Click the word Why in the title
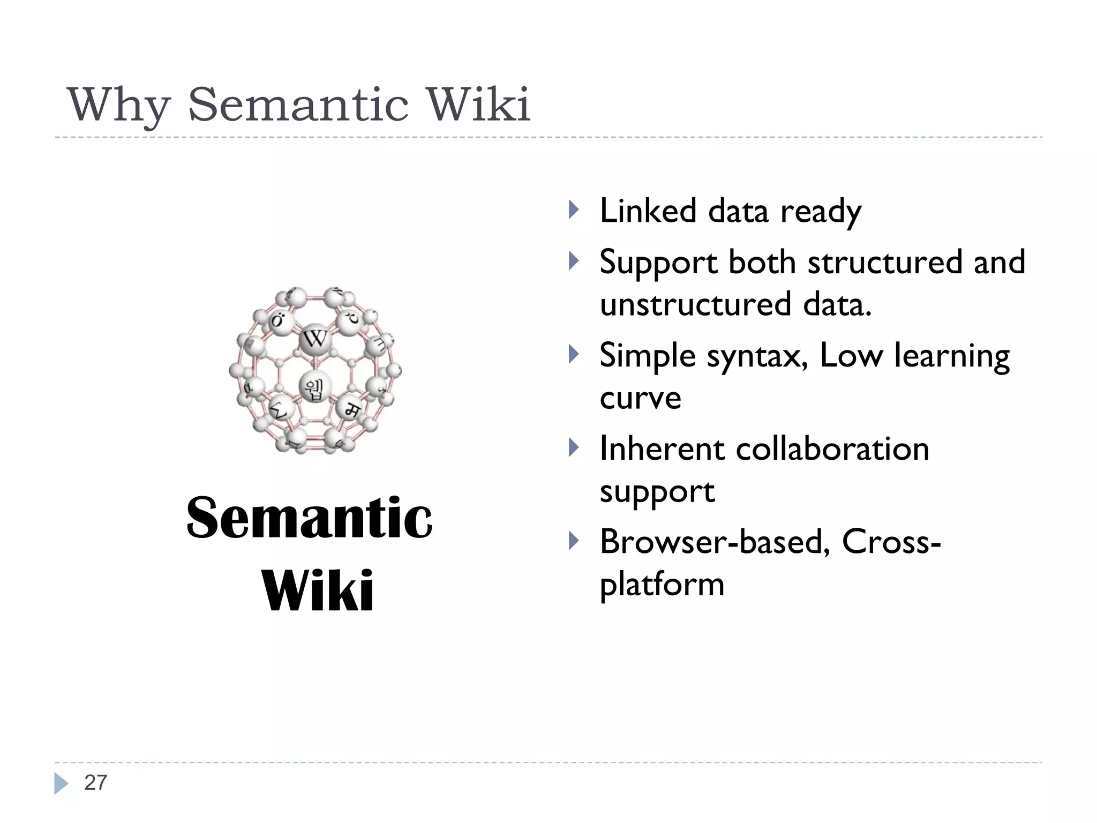[x=118, y=105]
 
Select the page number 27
[x=96, y=783]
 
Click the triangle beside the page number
[x=61, y=783]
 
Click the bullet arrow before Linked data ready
[x=574, y=210]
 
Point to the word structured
[x=884, y=263]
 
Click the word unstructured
[x=695, y=304]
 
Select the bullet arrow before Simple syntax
[x=574, y=354]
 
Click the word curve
[x=640, y=398]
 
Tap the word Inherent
[x=662, y=448]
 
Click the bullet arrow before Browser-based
[x=574, y=541]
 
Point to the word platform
[x=662, y=585]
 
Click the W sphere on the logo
[x=315, y=339]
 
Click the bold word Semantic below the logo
[x=309, y=518]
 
